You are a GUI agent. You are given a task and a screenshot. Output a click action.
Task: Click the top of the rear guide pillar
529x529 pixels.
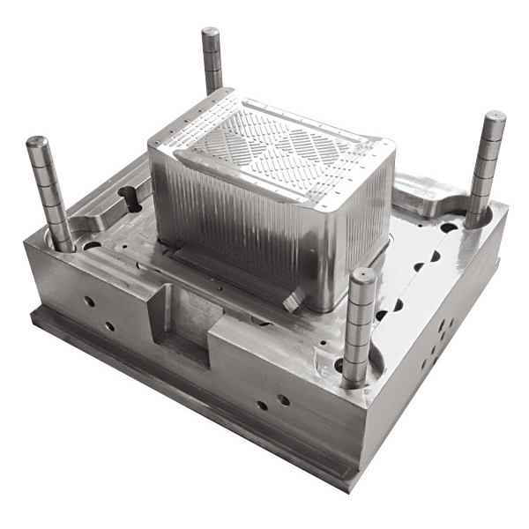(211, 34)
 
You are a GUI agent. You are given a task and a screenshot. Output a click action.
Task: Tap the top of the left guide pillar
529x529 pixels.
(37, 142)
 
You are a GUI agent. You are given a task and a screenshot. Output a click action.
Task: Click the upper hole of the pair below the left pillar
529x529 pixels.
(89, 301)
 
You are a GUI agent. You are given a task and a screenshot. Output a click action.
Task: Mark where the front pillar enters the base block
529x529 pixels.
(354, 379)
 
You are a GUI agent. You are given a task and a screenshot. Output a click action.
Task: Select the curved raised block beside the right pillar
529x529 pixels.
(432, 198)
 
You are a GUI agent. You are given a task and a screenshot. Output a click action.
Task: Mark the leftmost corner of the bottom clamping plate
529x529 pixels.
(31, 310)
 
